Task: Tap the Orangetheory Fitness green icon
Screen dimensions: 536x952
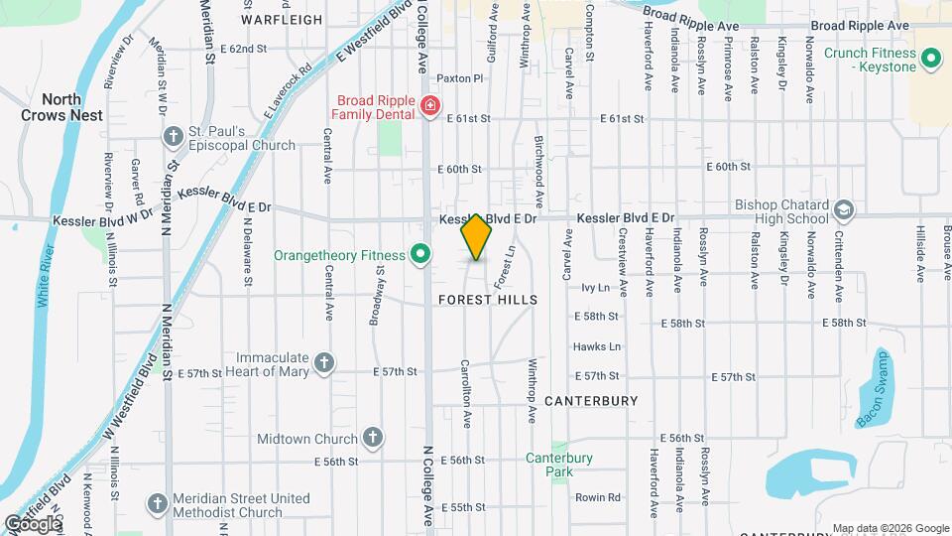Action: (x=420, y=256)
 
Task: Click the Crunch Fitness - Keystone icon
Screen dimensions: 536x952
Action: (x=931, y=60)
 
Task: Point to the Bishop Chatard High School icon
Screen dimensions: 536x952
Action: (x=843, y=211)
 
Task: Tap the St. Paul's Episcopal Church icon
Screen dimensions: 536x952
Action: (x=173, y=137)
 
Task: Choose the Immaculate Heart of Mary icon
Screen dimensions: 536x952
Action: (x=324, y=364)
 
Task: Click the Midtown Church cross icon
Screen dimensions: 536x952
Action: (x=372, y=438)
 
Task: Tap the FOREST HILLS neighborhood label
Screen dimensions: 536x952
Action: (x=487, y=300)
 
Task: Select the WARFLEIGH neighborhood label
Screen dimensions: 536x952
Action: (x=282, y=19)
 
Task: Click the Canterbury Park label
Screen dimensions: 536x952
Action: (x=559, y=465)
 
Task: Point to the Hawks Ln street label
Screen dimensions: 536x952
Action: (x=596, y=346)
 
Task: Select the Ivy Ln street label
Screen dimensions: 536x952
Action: (x=595, y=287)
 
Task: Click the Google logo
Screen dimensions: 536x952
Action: (x=33, y=523)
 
